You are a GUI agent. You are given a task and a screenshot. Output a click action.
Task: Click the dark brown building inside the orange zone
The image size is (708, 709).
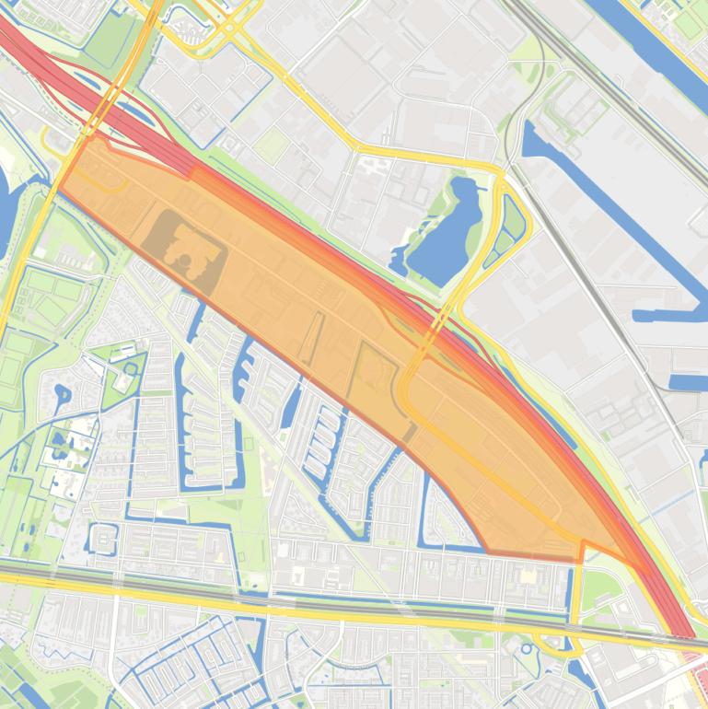click(184, 251)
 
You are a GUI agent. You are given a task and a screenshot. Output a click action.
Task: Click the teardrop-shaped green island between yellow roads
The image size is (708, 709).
click(512, 222)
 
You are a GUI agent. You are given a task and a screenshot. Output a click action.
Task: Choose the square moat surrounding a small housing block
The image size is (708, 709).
click(102, 538)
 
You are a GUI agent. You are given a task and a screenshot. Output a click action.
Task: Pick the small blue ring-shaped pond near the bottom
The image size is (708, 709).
click(528, 648)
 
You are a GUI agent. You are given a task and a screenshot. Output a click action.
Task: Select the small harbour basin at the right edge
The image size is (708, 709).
click(687, 380)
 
